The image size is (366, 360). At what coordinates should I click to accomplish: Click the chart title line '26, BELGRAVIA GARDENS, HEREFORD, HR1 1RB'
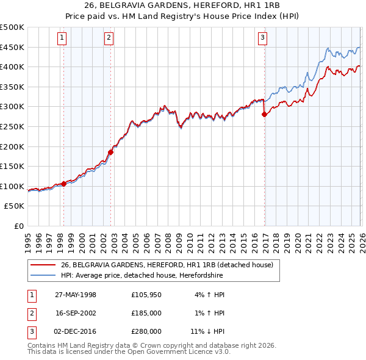pyautogui.click(x=182, y=5)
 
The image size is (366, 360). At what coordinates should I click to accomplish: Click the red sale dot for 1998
pyautogui.click(x=64, y=183)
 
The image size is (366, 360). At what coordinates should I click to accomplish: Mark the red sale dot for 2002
pyautogui.click(x=110, y=152)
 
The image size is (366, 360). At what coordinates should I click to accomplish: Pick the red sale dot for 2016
pyautogui.click(x=264, y=114)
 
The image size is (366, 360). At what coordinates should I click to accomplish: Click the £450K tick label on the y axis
pyautogui.click(x=12, y=47)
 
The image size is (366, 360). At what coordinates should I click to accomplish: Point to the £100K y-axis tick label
pyautogui.click(x=12, y=186)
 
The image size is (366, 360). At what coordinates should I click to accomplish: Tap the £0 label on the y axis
pyautogui.click(x=18, y=226)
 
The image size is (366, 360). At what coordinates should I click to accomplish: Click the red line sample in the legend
pyautogui.click(x=43, y=264)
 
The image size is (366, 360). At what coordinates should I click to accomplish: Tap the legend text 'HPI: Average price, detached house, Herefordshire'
pyautogui.click(x=142, y=276)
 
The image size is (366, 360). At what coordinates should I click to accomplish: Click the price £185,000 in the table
pyautogui.click(x=146, y=313)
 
